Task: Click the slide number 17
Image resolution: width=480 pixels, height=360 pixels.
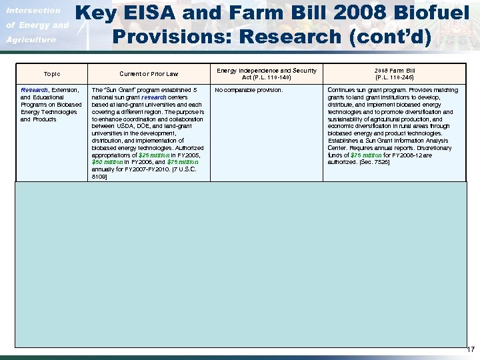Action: pos(471,349)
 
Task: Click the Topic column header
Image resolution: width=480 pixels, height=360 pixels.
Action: pos(51,74)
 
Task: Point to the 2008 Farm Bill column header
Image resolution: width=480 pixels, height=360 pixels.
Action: pos(395,69)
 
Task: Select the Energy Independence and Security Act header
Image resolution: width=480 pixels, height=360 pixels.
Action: pos(267,70)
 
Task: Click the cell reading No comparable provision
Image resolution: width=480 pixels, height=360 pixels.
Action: pos(249,90)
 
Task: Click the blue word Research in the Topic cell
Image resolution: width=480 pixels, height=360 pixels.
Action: pos(34,90)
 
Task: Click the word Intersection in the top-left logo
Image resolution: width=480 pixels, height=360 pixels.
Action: pos(33,11)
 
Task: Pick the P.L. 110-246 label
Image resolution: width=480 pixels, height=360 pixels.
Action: pos(395,77)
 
